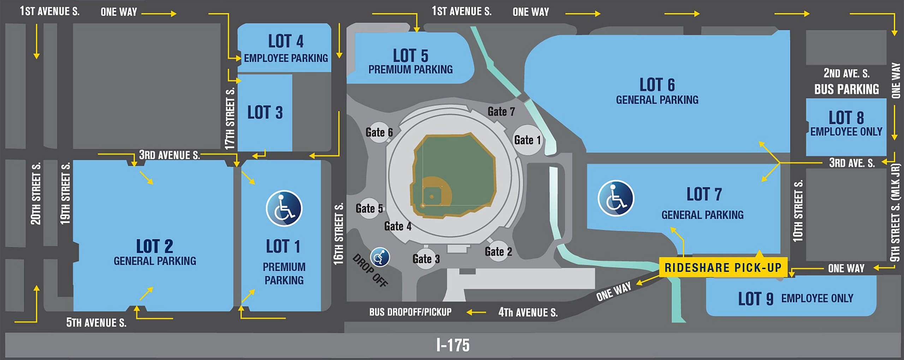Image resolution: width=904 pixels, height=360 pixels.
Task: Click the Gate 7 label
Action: click(x=501, y=112)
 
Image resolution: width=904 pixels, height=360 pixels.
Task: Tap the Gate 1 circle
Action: click(x=527, y=140)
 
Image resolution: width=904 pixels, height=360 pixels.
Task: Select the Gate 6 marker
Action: click(x=379, y=132)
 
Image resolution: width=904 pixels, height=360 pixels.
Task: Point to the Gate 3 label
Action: click(x=426, y=259)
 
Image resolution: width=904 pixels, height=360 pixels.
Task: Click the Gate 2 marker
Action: click(x=498, y=252)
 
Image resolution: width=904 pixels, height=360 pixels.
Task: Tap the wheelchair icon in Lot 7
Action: click(x=615, y=198)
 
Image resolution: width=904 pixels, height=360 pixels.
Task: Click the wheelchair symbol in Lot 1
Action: click(x=284, y=208)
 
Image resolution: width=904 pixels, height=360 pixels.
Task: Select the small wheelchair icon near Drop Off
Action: click(x=380, y=257)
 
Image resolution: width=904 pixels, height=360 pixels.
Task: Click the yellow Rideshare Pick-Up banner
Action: click(x=723, y=268)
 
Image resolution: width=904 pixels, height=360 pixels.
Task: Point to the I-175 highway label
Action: click(x=453, y=345)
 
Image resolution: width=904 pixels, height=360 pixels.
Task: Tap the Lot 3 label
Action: click(x=265, y=113)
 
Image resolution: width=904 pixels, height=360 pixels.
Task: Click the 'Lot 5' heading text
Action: click(x=410, y=56)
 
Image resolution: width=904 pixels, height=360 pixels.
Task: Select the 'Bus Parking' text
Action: click(x=846, y=89)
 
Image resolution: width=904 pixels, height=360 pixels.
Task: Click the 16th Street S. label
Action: click(x=338, y=234)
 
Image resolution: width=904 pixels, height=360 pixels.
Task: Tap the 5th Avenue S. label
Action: click(x=96, y=323)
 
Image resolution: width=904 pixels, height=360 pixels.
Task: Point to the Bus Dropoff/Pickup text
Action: click(x=410, y=312)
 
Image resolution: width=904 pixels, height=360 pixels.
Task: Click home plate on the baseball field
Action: click(x=423, y=205)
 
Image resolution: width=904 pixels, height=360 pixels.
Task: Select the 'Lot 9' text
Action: click(x=755, y=299)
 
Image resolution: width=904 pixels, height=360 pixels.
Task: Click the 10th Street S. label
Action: click(x=798, y=211)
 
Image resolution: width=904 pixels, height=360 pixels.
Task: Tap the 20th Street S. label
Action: click(x=36, y=194)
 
